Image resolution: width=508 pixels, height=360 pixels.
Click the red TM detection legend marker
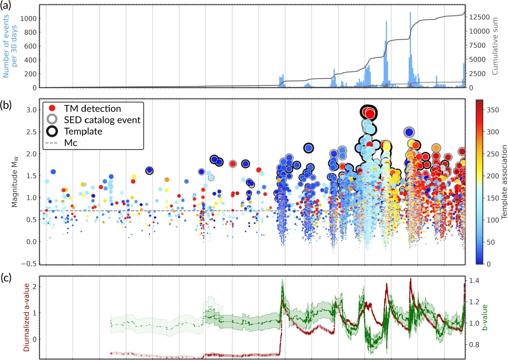click(52, 108)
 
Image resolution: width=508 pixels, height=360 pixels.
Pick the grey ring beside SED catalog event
click(52, 120)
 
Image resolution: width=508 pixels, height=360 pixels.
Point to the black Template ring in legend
click(52, 131)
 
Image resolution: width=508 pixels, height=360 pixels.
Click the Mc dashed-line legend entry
click(52, 143)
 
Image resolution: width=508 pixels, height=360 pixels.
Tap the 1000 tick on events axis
click(28, 18)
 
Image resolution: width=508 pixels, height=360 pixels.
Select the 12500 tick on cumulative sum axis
click(479, 17)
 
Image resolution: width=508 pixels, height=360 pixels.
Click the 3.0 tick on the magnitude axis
click(31, 110)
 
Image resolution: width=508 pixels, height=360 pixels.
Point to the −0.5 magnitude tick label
click(29, 264)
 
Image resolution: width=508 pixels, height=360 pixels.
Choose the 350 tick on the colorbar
click(493, 110)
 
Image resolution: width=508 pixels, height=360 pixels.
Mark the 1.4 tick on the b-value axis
click(475, 281)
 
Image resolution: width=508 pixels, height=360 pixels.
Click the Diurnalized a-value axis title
click(26, 317)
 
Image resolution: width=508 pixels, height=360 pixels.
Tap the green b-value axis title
click(485, 317)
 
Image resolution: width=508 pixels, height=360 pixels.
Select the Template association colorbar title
click(504, 182)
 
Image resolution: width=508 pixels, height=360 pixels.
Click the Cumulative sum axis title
click(495, 46)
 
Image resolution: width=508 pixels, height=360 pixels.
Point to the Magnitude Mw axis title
click(15, 182)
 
